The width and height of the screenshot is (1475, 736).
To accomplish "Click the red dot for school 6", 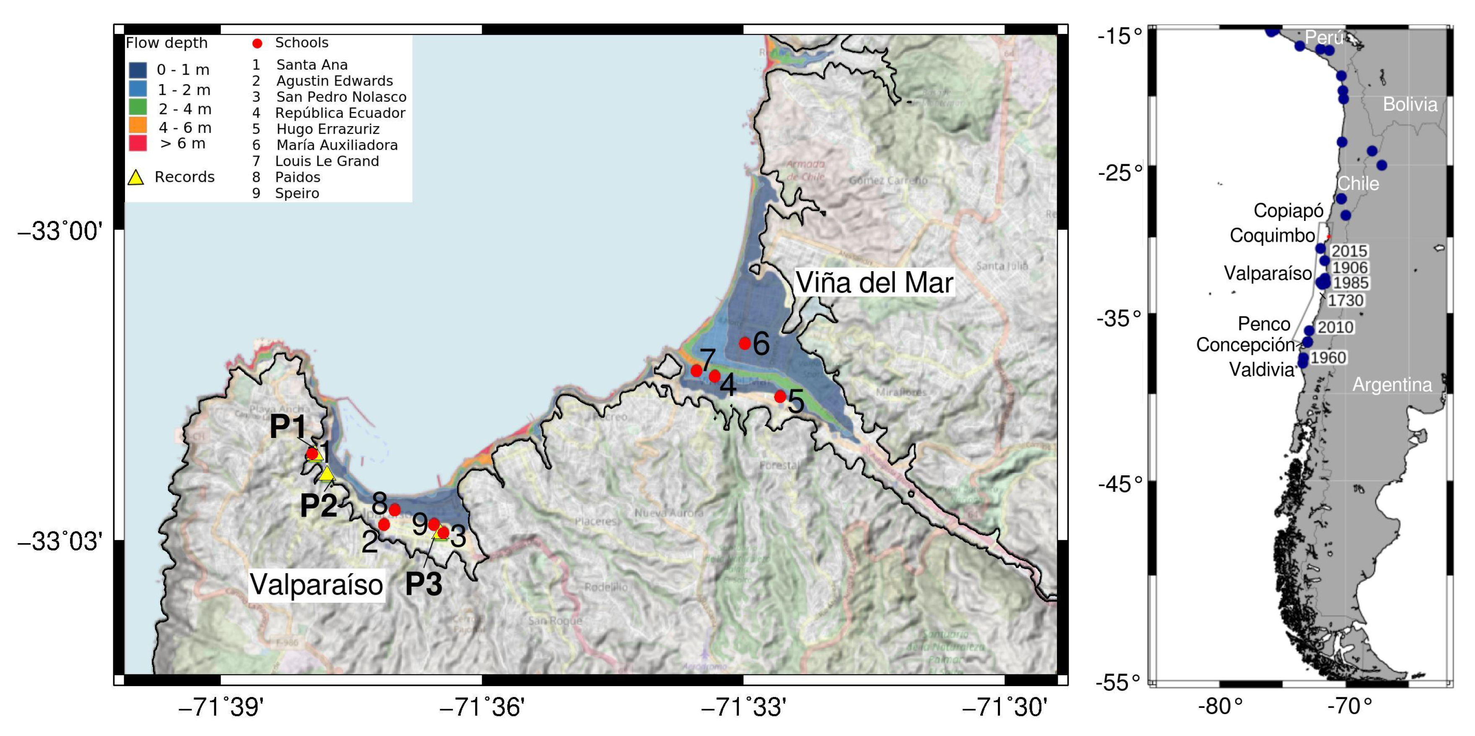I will tap(744, 343).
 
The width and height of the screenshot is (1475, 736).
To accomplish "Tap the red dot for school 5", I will tap(780, 397).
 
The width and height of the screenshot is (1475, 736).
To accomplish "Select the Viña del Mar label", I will tap(874, 283).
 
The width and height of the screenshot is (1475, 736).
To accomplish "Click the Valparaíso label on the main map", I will tap(316, 584).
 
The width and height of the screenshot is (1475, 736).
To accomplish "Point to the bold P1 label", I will tap(288, 426).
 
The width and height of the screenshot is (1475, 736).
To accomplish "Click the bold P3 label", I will tap(424, 584).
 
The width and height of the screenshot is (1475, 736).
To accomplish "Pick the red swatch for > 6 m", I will tap(138, 143).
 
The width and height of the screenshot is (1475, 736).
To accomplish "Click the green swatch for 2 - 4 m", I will tap(138, 107).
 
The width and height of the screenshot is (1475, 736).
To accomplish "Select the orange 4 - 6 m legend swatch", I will tap(138, 125).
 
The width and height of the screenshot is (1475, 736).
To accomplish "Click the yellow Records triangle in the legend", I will tap(136, 177).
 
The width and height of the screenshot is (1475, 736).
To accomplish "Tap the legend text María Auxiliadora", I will tap(337, 145).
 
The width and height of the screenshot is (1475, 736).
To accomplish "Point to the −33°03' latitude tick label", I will tap(60, 541).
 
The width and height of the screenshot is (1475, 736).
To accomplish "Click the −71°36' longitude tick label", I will tap(482, 708).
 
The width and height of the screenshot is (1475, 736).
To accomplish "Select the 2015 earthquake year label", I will tap(1349, 251).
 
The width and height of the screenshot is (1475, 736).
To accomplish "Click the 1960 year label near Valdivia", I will tap(1328, 358).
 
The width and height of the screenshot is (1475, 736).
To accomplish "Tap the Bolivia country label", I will tap(1410, 104).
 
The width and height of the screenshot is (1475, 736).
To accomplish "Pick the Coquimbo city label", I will tap(1272, 235).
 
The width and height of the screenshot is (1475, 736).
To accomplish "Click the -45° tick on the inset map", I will tap(1119, 484).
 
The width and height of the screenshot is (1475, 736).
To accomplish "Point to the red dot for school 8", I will tap(395, 509).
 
